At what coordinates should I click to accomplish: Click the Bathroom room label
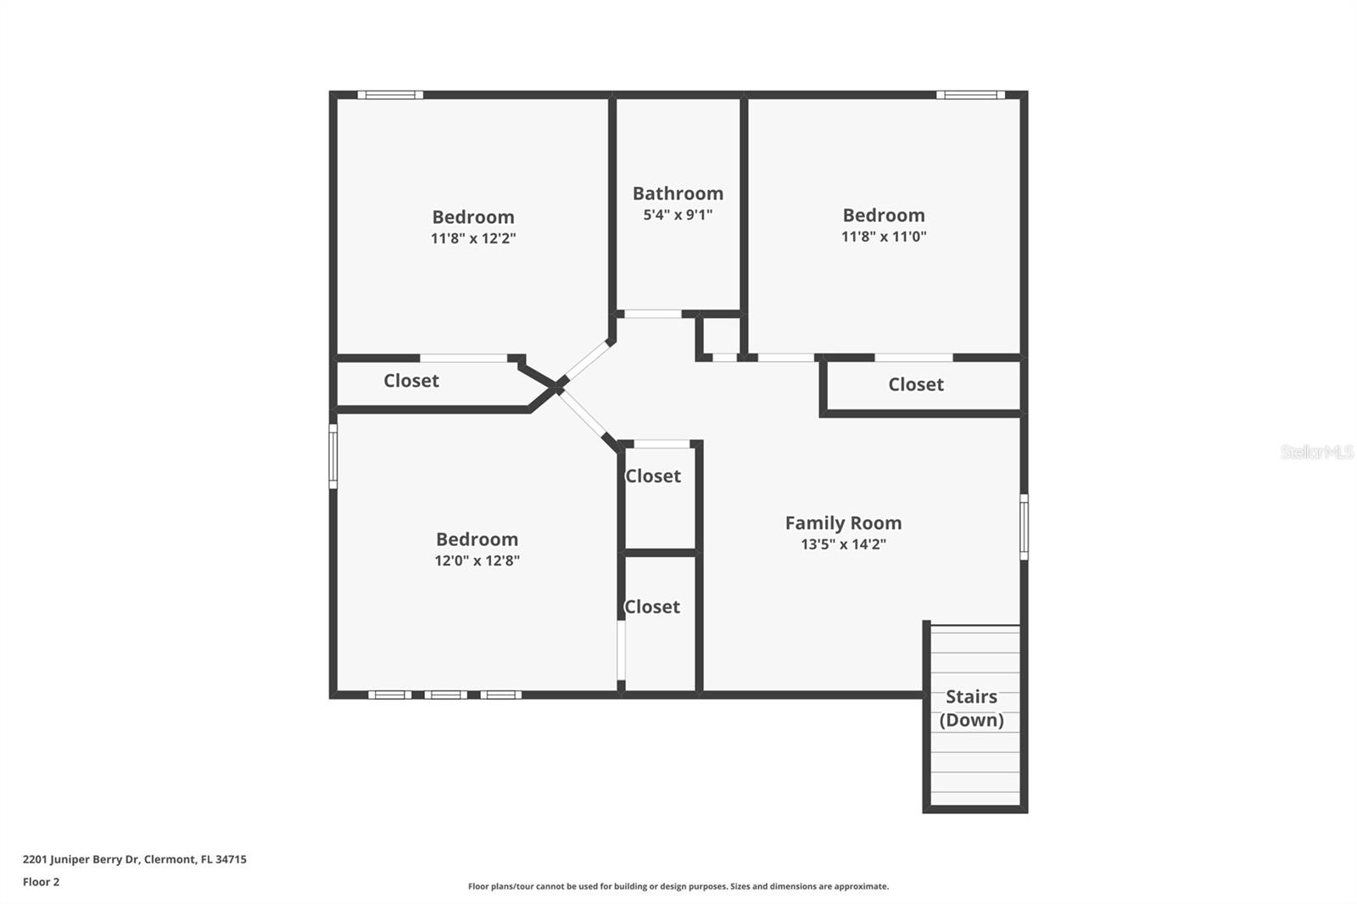point(678,193)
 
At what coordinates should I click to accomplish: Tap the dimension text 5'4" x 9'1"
point(678,215)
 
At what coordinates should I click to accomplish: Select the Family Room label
point(843,523)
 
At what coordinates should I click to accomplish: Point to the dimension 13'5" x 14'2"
point(843,544)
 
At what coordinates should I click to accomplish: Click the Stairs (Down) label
point(971,708)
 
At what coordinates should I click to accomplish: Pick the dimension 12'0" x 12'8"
point(477,561)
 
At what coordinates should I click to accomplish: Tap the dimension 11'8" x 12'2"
point(473,239)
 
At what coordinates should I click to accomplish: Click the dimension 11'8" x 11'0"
point(883,237)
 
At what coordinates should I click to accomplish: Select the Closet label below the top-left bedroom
point(411,381)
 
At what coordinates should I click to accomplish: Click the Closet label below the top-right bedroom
point(916,385)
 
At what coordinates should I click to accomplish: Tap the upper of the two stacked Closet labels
point(653,477)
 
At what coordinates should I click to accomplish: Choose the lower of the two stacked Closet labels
point(652,607)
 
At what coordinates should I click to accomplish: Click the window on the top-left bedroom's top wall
point(390,95)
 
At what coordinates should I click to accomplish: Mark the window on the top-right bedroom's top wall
point(970,95)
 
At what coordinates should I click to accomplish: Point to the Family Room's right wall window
point(1024,527)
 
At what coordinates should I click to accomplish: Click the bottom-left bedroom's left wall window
point(333,456)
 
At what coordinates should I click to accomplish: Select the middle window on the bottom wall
point(445,695)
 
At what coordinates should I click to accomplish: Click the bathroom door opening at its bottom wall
point(653,314)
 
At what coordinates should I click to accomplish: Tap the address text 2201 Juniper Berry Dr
point(81,859)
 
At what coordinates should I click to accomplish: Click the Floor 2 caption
point(41,882)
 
